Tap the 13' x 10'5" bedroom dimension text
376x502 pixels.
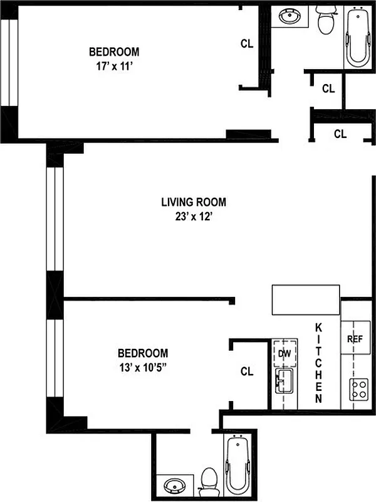(x=144, y=366)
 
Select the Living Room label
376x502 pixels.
(x=194, y=203)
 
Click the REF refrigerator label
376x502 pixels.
(x=355, y=338)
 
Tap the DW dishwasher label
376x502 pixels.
(x=284, y=354)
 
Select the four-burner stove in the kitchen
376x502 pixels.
(x=359, y=390)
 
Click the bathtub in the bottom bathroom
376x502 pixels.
(x=238, y=464)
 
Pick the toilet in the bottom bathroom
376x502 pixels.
(x=208, y=481)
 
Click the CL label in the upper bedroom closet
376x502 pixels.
(x=247, y=44)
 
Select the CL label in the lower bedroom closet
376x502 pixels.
(x=247, y=371)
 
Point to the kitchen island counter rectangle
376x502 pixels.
(x=306, y=300)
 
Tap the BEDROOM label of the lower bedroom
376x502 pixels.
(x=144, y=353)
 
